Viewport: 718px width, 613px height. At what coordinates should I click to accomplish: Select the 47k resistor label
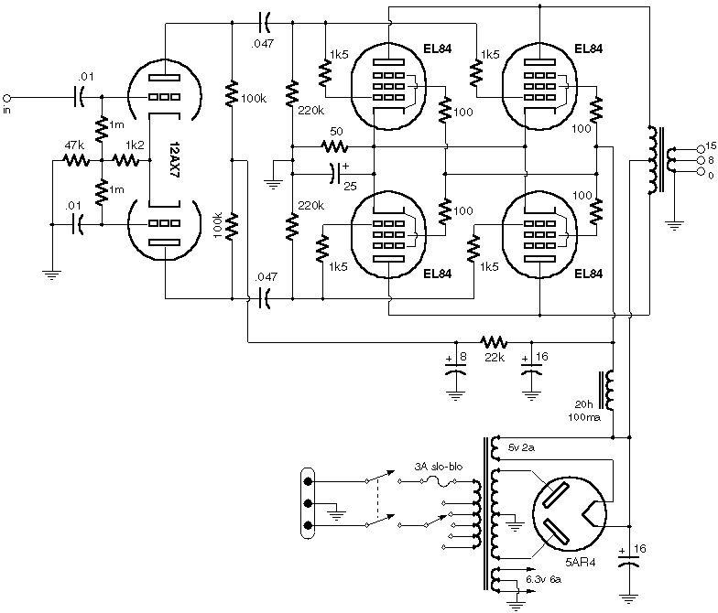(73, 145)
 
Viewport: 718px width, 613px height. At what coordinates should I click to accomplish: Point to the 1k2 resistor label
(135, 145)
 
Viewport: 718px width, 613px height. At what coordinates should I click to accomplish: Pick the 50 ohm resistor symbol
(336, 145)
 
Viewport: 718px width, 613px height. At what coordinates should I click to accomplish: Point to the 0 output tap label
(708, 172)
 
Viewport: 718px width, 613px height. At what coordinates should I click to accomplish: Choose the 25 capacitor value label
(349, 187)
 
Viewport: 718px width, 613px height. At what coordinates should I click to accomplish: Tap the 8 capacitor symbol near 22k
(454, 371)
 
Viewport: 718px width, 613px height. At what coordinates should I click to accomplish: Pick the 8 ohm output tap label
(709, 159)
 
